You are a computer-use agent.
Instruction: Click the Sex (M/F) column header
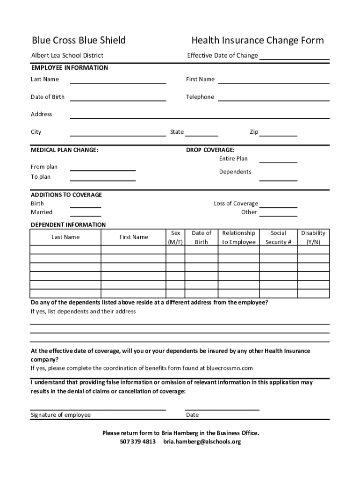[176, 237]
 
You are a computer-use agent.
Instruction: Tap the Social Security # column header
[278, 237]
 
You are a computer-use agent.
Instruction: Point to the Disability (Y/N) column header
[313, 237]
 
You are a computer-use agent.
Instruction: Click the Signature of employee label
[61, 415]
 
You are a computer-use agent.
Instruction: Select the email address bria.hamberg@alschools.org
[202, 442]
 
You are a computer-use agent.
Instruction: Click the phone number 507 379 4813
[138, 442]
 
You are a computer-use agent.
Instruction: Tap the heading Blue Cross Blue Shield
[79, 41]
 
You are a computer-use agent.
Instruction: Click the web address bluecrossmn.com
[229, 368]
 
